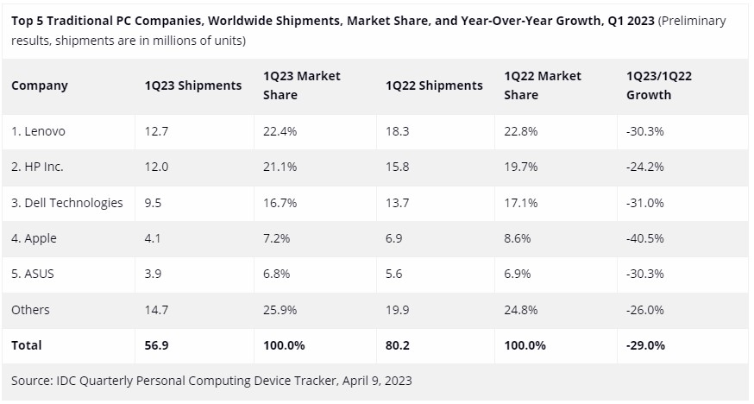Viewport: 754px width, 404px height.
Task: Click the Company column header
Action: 40,85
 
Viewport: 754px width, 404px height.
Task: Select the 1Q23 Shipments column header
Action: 193,85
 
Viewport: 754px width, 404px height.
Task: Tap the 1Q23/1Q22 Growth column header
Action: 659,85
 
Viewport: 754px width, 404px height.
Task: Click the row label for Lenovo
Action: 38,131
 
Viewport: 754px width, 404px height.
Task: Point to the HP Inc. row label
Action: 37,167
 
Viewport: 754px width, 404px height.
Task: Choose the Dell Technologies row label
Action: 67,203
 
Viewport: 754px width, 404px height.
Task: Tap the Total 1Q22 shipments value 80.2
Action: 398,345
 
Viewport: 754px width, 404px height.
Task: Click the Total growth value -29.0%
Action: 645,345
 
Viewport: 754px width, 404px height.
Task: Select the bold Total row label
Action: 27,345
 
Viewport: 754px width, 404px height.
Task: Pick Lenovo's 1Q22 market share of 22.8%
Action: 521,131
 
